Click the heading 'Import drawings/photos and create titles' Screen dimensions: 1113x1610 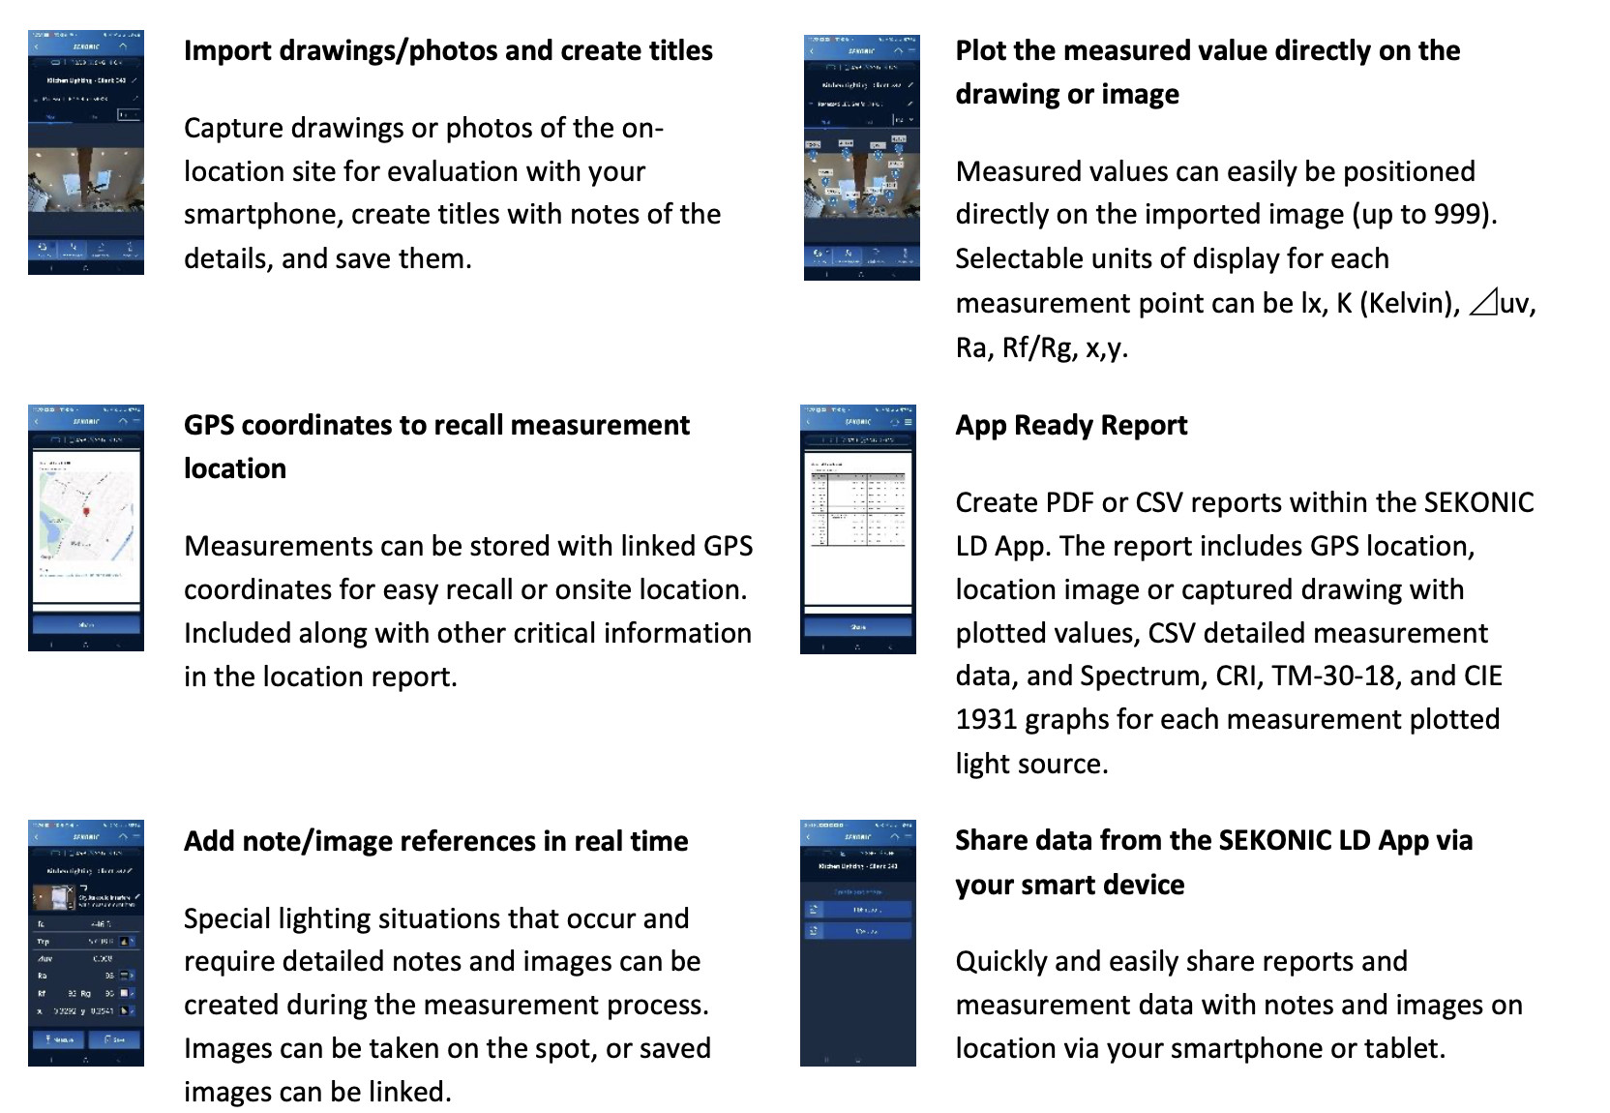(x=448, y=51)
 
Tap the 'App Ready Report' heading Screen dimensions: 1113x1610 (x=1071, y=426)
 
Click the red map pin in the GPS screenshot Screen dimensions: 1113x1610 (x=86, y=511)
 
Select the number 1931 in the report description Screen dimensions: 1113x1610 (x=986, y=720)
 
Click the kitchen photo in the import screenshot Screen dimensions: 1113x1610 (x=86, y=181)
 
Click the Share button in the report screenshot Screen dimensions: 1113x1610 (x=858, y=627)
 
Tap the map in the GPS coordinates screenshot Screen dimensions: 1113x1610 (x=86, y=518)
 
